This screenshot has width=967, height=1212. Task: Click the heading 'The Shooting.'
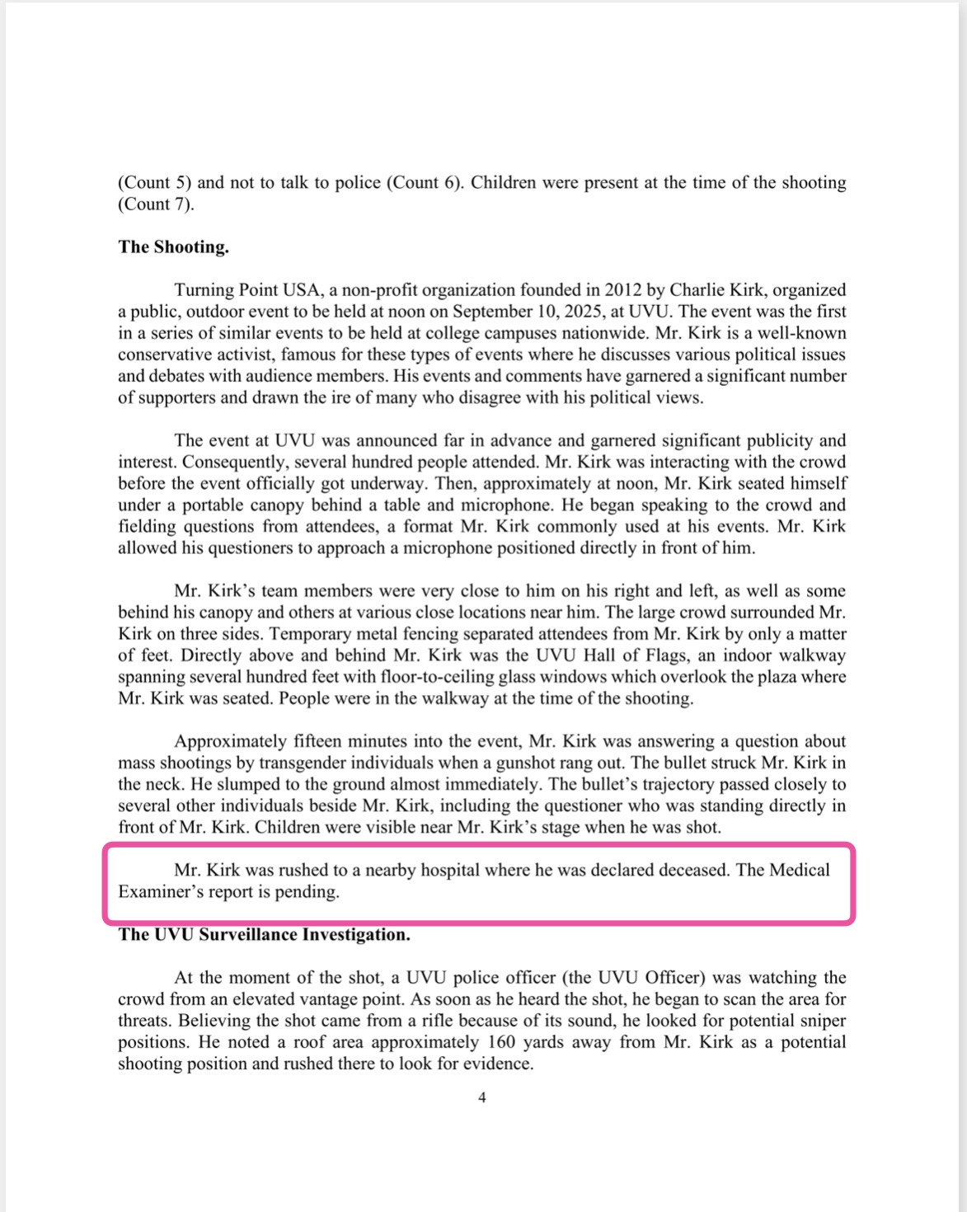[173, 247]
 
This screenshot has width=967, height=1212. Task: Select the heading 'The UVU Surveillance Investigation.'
[264, 934]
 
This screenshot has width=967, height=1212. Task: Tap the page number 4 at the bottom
[482, 1097]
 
